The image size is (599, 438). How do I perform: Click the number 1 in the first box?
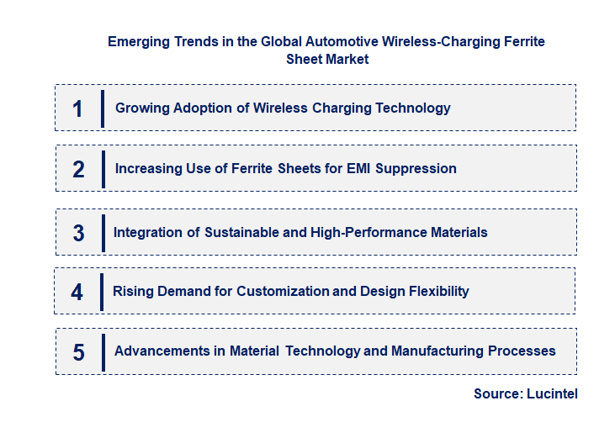pos(78,108)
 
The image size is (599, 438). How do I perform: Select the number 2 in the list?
pos(78,169)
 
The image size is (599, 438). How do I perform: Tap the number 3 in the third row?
pos(78,233)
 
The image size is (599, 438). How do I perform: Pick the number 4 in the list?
pos(77,292)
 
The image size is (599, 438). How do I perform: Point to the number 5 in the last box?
pos(78,351)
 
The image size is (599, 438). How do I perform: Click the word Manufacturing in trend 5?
pos(442,351)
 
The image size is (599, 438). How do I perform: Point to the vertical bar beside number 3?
pos(103,232)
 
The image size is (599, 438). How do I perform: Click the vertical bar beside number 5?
pos(103,351)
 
